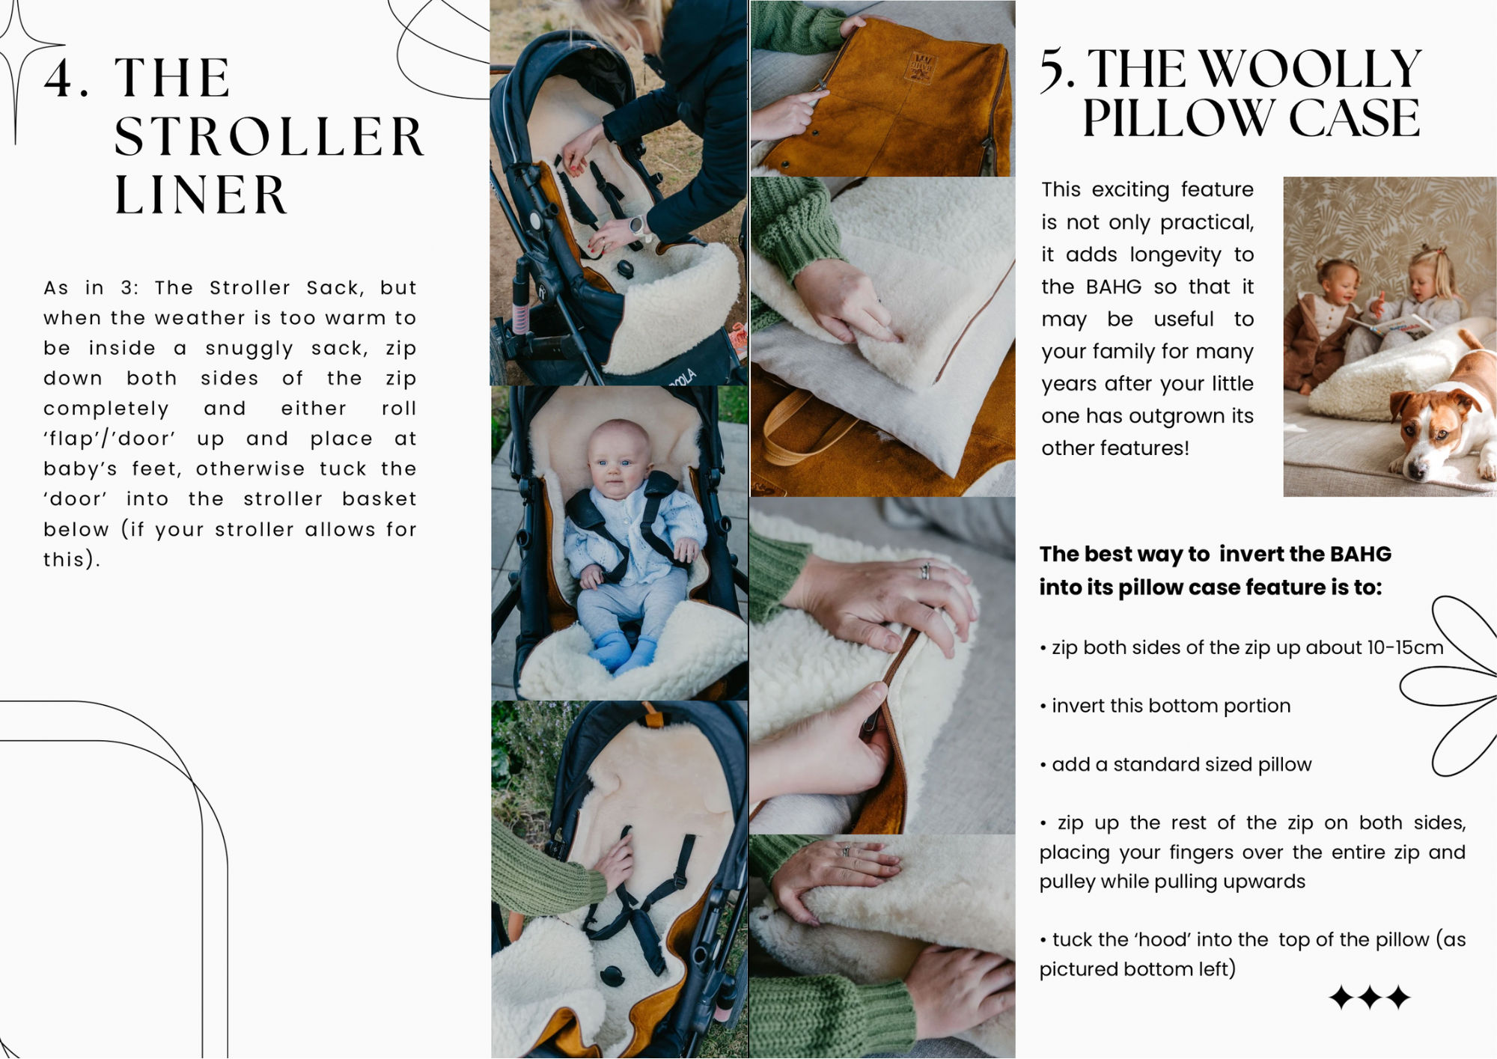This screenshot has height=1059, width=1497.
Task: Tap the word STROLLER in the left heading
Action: [269, 137]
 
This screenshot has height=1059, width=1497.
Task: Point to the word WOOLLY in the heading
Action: [1310, 69]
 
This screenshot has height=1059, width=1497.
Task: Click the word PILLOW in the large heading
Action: [1178, 118]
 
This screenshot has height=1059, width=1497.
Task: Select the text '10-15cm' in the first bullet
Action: [1405, 647]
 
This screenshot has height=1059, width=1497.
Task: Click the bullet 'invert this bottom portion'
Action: [1165, 706]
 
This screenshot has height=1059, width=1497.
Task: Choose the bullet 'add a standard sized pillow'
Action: [1176, 764]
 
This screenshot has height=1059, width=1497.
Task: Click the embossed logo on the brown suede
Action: [922, 68]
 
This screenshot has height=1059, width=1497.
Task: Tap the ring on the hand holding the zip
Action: [925, 571]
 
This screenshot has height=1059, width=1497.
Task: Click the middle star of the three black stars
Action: [1370, 998]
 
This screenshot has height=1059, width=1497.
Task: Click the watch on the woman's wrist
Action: [638, 225]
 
